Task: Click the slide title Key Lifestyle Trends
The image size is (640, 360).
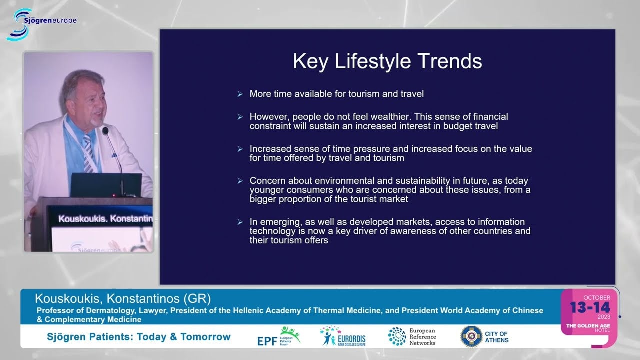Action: [387, 61]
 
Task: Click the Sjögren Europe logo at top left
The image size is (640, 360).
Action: [41, 25]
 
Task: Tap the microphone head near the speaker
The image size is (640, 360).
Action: [105, 131]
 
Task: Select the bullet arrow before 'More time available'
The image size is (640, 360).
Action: [240, 94]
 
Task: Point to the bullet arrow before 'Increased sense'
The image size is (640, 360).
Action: [240, 149]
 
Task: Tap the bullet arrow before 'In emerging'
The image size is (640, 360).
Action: [240, 222]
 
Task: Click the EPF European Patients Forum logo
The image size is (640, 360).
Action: [279, 337]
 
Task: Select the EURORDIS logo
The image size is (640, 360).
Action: [343, 336]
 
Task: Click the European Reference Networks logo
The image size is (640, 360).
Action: [412, 337]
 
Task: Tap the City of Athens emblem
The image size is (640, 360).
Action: [471, 336]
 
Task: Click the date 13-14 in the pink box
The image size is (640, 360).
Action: [590, 307]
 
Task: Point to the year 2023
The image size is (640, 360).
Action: [604, 317]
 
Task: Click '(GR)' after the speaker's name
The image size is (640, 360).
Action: [197, 299]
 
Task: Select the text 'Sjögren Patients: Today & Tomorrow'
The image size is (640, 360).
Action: [139, 337]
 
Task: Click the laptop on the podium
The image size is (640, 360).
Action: [106, 185]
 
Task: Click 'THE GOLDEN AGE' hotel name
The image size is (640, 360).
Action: [588, 325]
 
